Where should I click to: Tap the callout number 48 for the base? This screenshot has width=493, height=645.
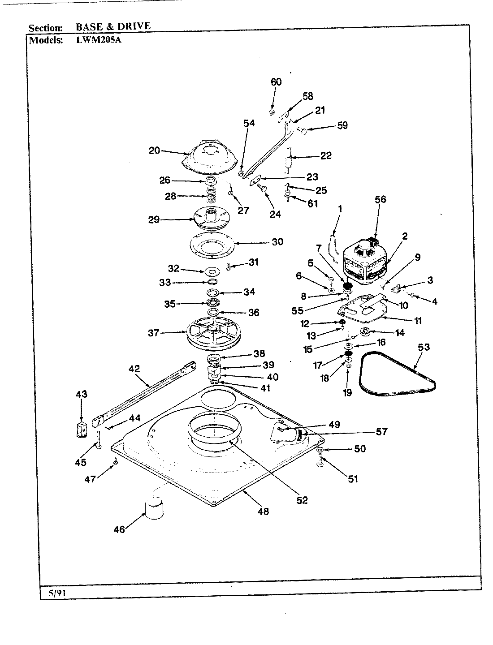tap(263, 511)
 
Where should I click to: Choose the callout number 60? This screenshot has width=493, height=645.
tap(276, 82)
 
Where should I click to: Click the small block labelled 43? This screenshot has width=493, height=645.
tap(81, 429)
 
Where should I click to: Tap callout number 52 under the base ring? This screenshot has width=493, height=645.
tap(303, 500)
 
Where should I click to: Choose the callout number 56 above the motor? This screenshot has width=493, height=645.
tap(380, 200)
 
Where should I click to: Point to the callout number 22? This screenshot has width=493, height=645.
tap(326, 155)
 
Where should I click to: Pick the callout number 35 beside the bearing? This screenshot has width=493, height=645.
tap(169, 304)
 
